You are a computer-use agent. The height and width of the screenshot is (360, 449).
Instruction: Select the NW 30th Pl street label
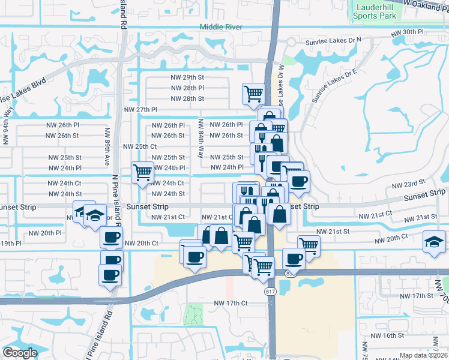point(407,31)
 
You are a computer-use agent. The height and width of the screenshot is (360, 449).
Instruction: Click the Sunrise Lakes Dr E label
point(333,81)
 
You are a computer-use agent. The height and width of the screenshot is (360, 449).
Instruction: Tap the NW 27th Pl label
point(140,110)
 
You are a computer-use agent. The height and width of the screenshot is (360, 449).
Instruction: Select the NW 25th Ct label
point(140,146)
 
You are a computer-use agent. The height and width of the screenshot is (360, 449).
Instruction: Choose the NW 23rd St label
point(408,181)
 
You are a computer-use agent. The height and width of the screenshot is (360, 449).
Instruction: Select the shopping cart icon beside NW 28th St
point(253,93)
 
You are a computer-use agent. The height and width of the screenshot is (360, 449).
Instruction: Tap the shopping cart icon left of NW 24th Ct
point(142,173)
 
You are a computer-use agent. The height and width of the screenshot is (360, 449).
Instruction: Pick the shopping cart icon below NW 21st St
point(309,245)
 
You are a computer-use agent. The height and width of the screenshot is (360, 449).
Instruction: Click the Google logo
point(20,353)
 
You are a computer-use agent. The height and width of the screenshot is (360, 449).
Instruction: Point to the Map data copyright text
point(424,355)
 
